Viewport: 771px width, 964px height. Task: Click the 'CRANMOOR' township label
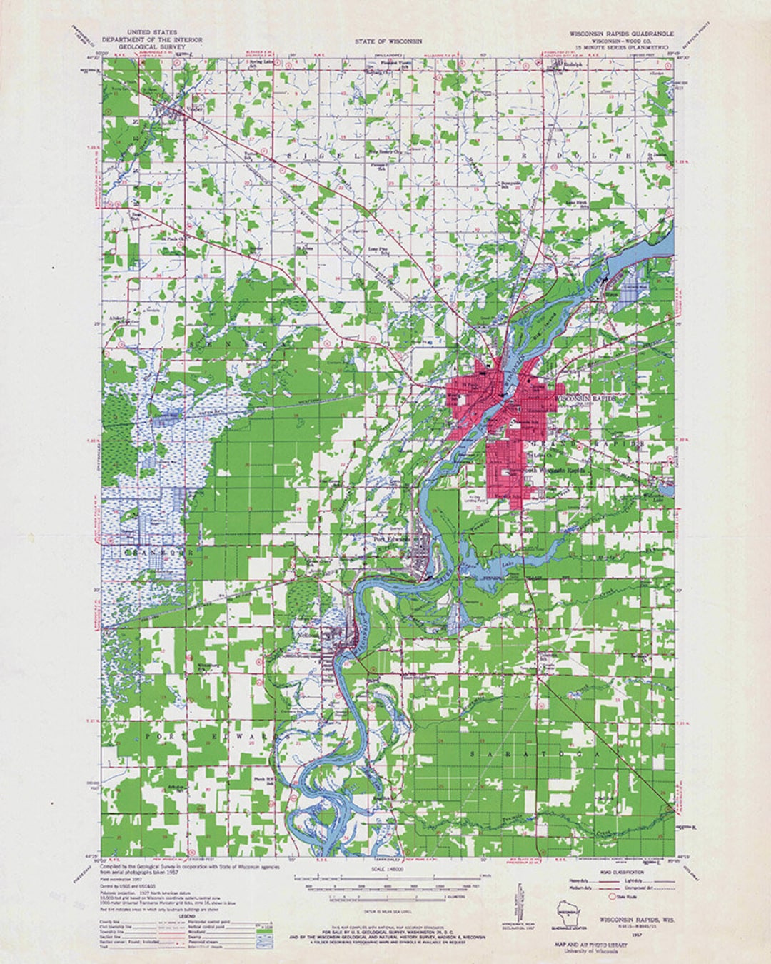[146, 553]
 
